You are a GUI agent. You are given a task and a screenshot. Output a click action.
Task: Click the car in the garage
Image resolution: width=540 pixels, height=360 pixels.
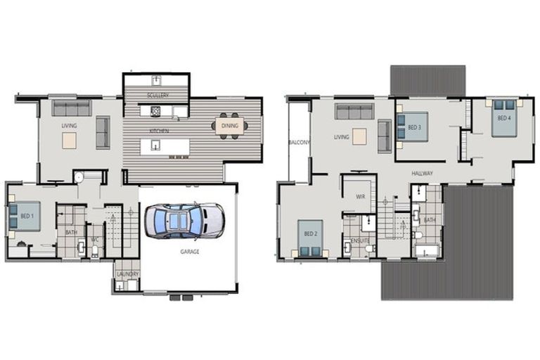click(x=185, y=221)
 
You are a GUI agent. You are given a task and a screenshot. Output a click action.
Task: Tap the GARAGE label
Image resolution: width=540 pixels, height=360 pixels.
click(x=190, y=252)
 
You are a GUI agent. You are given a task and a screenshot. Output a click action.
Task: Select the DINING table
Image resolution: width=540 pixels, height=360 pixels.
click(x=230, y=126)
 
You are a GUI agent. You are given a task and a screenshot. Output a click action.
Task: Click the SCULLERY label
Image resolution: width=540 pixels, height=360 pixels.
click(x=157, y=95)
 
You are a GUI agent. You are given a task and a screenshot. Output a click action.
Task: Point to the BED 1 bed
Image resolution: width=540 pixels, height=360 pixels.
click(x=25, y=217)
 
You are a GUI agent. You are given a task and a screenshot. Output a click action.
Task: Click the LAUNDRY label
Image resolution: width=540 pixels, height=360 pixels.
click(x=127, y=274)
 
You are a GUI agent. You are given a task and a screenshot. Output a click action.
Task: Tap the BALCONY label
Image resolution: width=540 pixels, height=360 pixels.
click(x=299, y=142)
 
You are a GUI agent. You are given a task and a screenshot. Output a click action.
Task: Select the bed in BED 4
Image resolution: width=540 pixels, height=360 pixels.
click(x=504, y=118)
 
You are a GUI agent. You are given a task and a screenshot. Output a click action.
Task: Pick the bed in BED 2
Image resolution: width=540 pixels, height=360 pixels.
click(x=310, y=238)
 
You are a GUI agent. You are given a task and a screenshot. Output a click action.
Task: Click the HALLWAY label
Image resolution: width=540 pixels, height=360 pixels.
click(x=422, y=173)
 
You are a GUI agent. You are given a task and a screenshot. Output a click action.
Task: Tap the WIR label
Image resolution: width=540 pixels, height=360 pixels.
click(x=360, y=197)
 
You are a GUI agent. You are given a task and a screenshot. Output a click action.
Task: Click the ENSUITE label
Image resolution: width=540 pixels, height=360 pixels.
click(x=360, y=240)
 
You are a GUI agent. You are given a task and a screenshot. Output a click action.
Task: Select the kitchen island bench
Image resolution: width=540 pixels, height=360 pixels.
click(x=165, y=147)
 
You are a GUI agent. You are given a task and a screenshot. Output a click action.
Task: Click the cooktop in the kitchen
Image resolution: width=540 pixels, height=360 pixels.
click(x=155, y=111)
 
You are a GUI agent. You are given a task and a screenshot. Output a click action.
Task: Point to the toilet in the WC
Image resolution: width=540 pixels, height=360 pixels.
click(x=95, y=250)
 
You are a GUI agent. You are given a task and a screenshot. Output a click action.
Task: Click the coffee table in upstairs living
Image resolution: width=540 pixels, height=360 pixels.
click(x=359, y=136)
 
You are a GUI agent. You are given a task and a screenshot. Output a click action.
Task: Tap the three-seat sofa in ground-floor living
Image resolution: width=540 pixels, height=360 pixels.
click(x=72, y=108)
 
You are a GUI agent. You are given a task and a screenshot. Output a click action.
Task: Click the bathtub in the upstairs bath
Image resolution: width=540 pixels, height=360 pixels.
click(x=427, y=250)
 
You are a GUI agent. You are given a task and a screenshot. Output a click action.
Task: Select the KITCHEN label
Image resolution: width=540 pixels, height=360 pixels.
click(x=159, y=131)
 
